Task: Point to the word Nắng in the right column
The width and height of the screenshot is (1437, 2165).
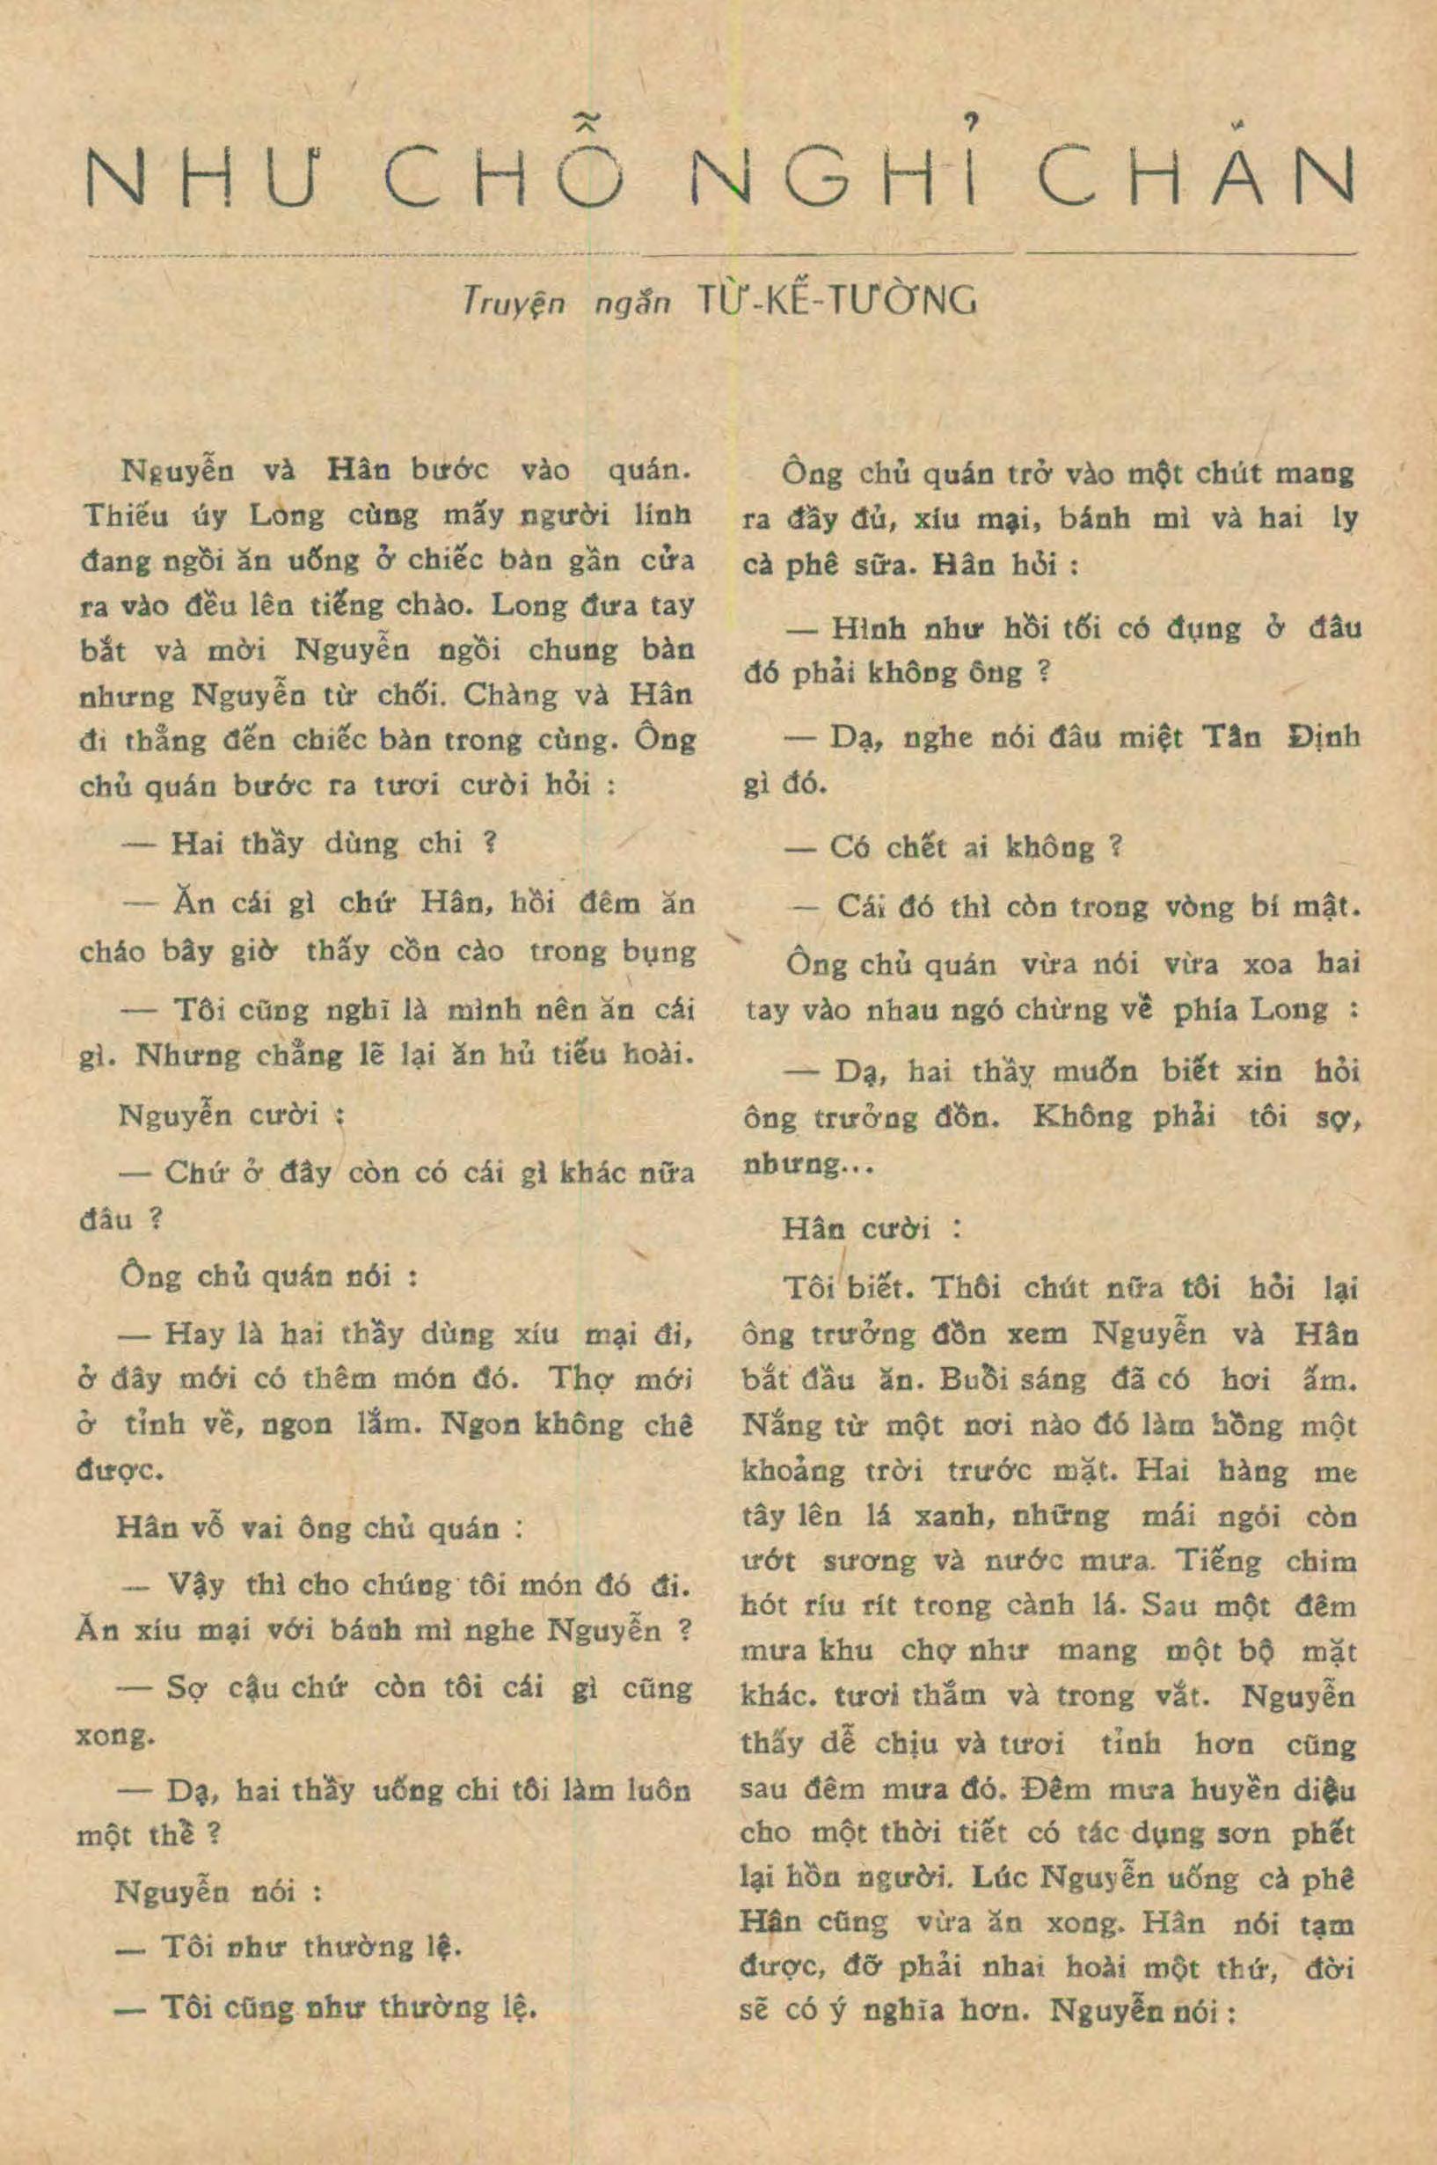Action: pyautogui.click(x=778, y=1426)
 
